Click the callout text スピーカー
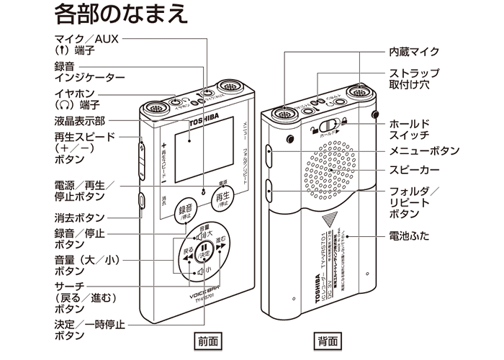414,170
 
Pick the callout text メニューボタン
424,150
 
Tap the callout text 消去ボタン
79,217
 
